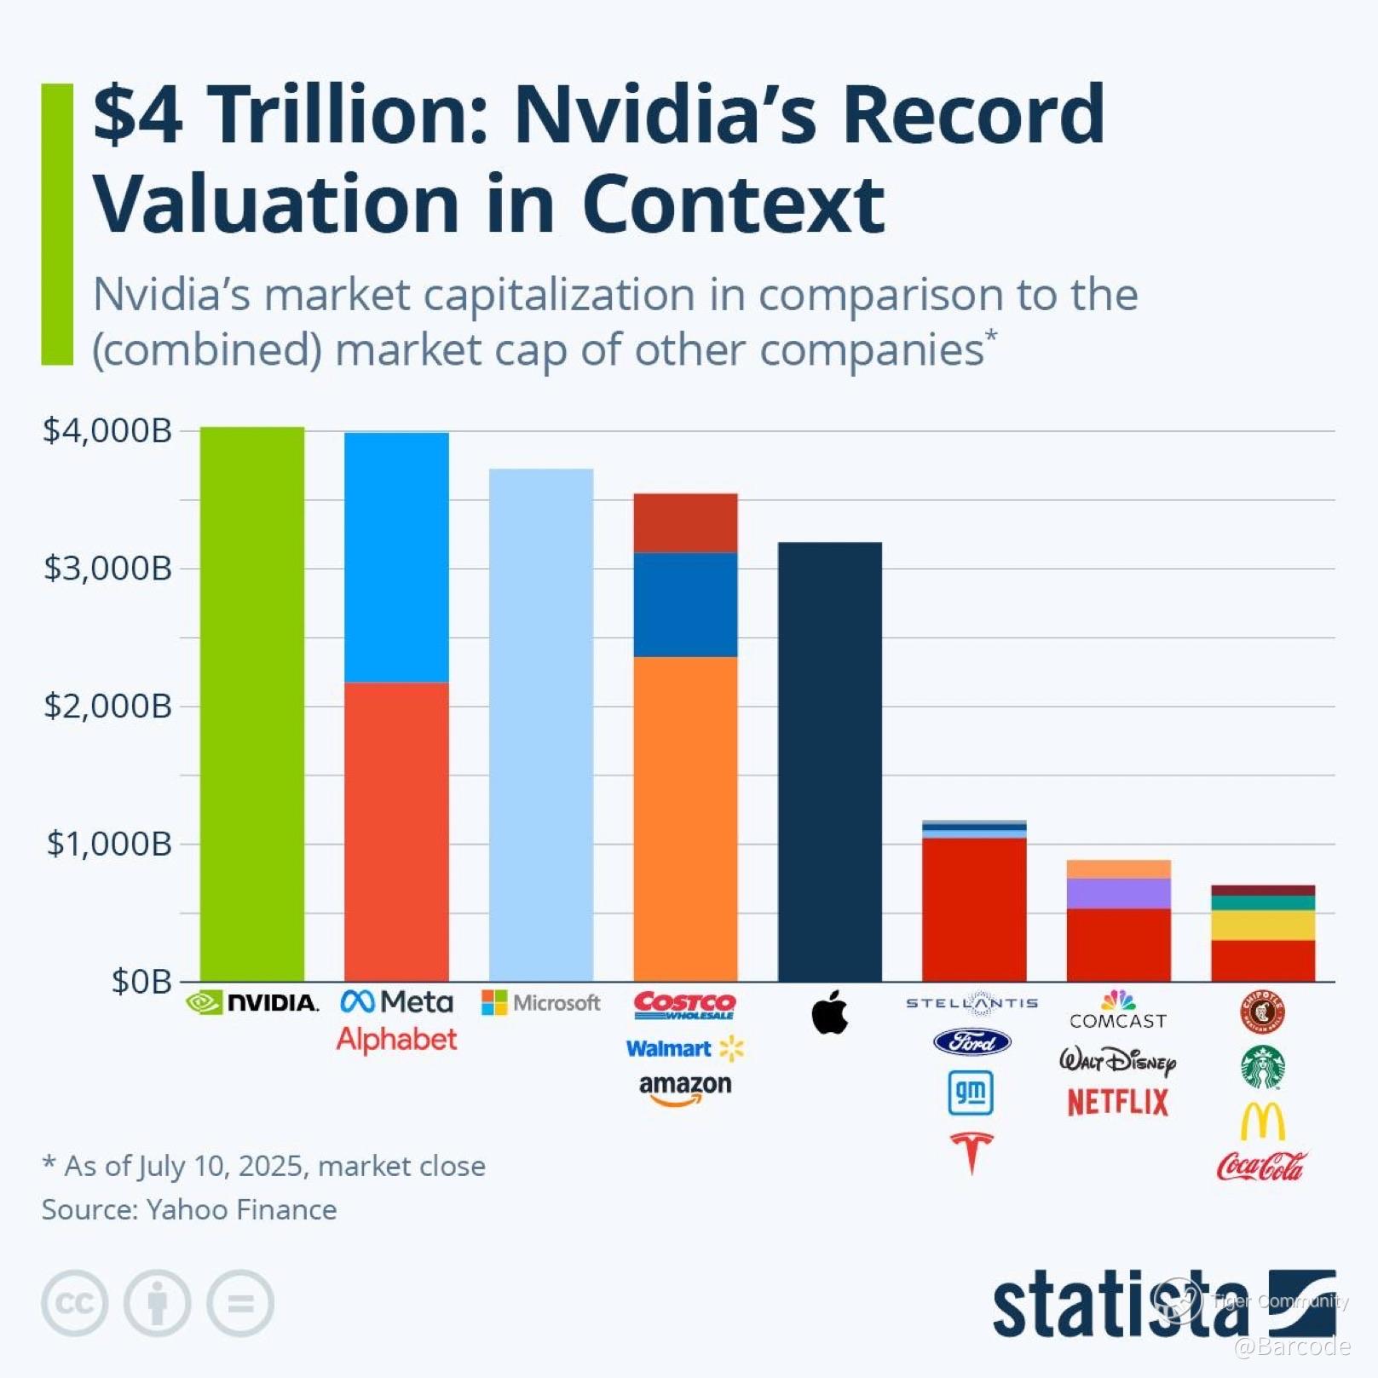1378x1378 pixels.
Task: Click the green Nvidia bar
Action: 252,703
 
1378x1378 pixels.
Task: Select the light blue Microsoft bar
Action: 541,724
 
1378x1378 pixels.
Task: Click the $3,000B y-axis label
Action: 108,568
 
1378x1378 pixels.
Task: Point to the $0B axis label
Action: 141,982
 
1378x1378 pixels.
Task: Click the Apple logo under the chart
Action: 829,1012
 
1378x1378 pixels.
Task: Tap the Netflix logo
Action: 1117,1103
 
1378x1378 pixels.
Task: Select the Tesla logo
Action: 972,1152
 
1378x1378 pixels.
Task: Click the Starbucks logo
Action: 1262,1067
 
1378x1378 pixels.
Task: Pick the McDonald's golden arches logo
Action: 1262,1121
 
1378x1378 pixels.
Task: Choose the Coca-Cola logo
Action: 1260,1166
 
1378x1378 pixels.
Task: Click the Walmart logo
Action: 684,1048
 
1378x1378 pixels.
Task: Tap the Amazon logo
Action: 685,1088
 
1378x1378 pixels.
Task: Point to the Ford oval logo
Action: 972,1041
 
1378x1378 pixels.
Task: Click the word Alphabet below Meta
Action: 396,1040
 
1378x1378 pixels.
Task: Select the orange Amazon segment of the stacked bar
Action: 685,818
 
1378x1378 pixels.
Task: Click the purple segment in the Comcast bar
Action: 1118,893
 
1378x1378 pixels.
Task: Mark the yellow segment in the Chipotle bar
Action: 1262,925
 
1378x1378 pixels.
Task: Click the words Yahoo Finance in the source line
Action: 241,1210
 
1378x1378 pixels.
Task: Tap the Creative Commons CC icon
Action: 75,1303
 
